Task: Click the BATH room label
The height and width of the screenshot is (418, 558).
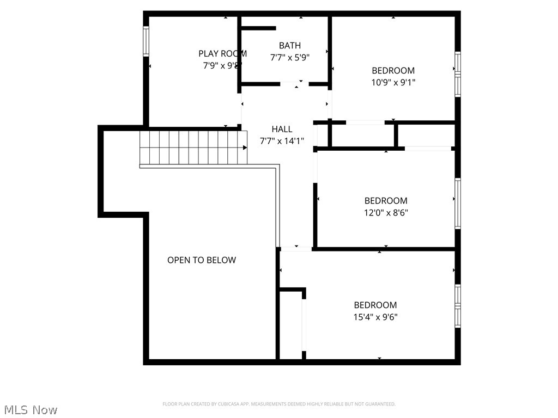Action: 289,46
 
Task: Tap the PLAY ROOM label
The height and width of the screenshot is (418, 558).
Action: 222,53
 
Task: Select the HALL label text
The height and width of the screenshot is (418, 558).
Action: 282,129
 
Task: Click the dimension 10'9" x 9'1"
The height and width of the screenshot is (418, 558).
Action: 393,82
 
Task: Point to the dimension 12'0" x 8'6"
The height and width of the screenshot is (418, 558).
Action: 386,212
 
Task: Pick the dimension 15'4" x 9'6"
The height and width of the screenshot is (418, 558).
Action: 375,317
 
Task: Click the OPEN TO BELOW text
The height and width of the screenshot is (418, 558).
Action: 202,260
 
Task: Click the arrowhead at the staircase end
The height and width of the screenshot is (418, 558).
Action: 245,147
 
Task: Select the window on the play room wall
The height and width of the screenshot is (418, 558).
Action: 146,41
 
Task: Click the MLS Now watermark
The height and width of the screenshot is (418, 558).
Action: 30,409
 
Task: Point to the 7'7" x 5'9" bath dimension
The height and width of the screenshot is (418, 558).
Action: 289,58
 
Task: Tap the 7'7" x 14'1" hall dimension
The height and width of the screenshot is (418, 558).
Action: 282,141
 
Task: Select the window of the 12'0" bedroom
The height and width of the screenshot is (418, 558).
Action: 458,203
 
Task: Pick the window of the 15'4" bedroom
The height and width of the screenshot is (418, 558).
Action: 458,305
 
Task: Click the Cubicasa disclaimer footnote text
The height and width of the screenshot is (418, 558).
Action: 279,404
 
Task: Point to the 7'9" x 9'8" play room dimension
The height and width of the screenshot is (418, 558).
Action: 222,65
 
